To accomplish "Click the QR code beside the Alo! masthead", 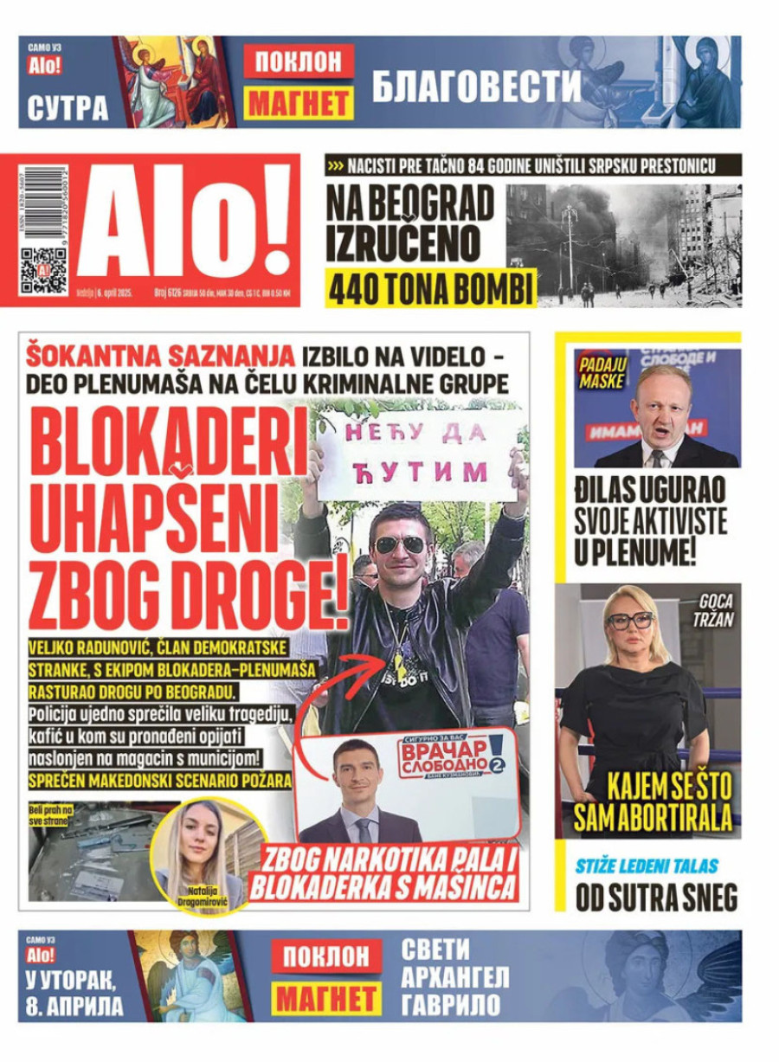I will click(43, 270).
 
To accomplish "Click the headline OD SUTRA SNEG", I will click(657, 898).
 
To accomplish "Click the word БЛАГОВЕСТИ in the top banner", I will click(476, 86).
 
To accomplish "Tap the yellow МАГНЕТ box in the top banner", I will click(299, 105).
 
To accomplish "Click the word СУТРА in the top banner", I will click(68, 108).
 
